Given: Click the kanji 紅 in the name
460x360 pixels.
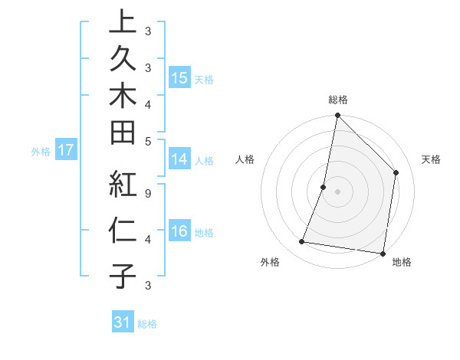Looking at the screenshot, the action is click(x=122, y=185).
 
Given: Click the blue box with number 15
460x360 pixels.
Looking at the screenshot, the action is click(x=179, y=78).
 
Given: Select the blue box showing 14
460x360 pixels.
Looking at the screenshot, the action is click(x=179, y=159).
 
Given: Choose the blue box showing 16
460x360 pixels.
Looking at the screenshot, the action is click(x=179, y=232).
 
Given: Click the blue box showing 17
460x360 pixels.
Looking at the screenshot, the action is click(x=66, y=151).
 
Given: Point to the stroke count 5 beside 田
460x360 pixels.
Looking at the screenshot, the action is click(x=148, y=140).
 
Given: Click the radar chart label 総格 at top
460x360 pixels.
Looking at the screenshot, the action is click(x=338, y=100).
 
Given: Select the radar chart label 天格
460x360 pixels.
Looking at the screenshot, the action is click(x=431, y=159).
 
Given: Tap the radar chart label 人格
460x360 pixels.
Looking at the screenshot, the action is click(x=245, y=159).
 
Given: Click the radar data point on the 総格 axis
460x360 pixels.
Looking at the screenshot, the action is click(x=337, y=116).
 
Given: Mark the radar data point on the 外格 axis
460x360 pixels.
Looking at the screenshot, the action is click(x=302, y=242).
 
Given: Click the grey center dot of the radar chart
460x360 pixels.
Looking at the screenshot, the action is click(x=337, y=191).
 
